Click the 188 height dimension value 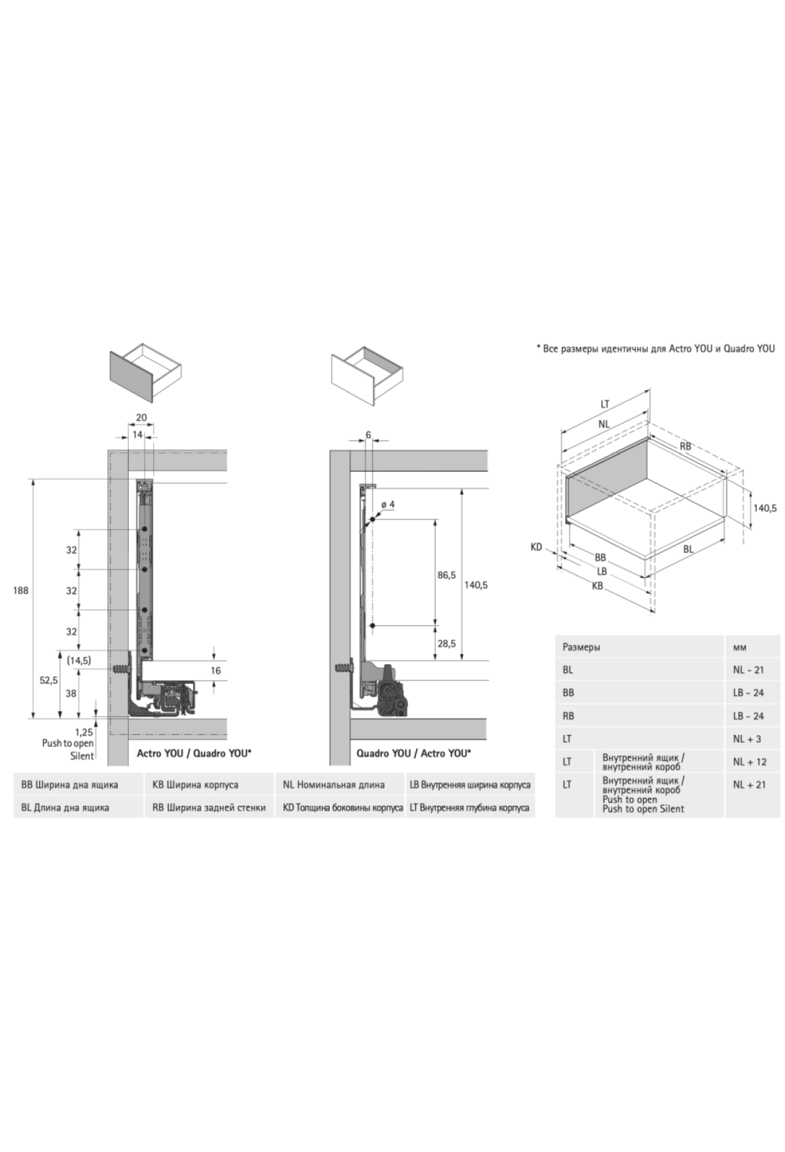point(21,590)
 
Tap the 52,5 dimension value point(48,680)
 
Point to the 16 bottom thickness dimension point(216,670)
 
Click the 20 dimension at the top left point(141,418)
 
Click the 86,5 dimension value point(447,575)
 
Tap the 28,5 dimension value point(447,644)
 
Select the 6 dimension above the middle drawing point(369,435)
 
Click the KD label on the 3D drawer point(536,547)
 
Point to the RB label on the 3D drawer point(685,446)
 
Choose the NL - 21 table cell point(748,670)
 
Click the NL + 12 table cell point(750,761)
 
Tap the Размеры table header point(582,647)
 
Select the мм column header point(740,647)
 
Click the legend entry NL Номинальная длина point(334,784)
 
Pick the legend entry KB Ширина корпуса point(195,784)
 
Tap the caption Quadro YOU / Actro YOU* point(413,753)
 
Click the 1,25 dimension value point(84,732)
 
